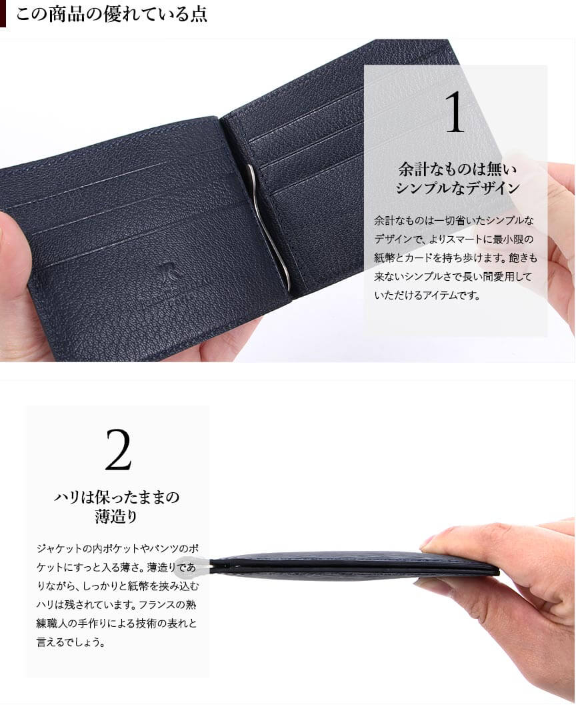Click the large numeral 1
click(455, 112)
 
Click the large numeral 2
click(118, 450)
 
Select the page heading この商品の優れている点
click(112, 14)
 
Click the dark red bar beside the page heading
click(3, 14)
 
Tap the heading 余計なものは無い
click(457, 169)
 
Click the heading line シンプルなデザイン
click(457, 188)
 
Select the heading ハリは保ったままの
click(117, 497)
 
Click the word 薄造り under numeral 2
click(116, 516)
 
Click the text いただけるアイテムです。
click(427, 295)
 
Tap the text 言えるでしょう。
click(71, 642)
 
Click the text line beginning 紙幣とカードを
click(455, 258)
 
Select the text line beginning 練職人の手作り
click(117, 623)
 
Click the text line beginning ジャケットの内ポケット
click(117, 548)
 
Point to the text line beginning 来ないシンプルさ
click(453, 277)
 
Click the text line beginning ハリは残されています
click(117, 604)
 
